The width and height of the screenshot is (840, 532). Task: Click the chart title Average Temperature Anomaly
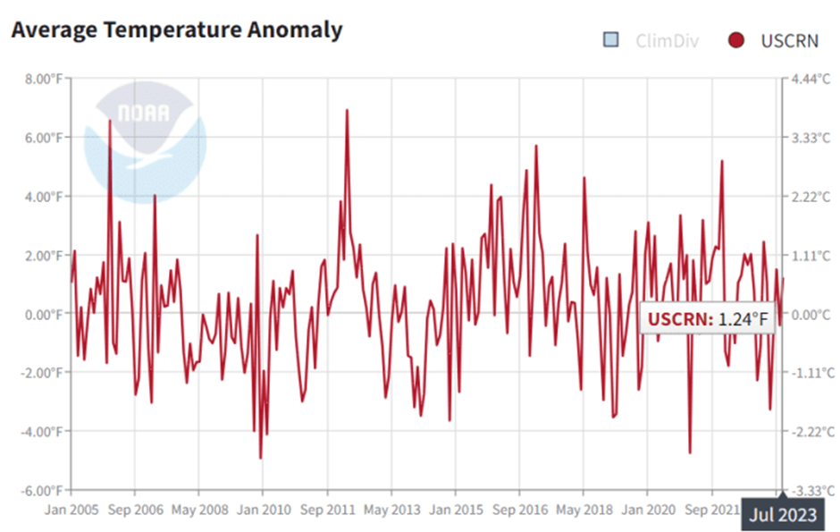tap(176, 30)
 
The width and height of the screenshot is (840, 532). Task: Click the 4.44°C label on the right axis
tap(810, 79)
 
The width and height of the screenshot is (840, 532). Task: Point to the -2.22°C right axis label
tap(811, 432)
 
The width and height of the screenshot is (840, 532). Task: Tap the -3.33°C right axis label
tap(811, 491)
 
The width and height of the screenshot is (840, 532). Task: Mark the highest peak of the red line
tap(347, 110)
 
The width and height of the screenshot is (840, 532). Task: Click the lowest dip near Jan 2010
tap(261, 458)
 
